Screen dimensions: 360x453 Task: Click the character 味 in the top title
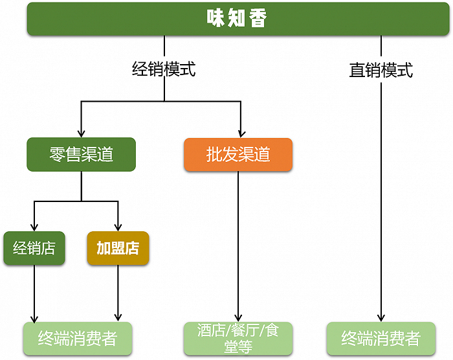pos(215,18)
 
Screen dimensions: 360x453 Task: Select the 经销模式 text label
pos(164,69)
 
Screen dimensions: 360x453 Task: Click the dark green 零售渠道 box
pos(81,154)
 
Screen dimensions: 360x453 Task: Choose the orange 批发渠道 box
pos(238,154)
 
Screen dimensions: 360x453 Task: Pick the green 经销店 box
pos(34,248)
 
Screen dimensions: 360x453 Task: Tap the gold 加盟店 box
pos(118,248)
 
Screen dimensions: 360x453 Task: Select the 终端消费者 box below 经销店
pos(77,338)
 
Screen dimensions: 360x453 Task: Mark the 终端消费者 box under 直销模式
pos(381,338)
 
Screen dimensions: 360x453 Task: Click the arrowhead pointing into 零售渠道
pos(81,131)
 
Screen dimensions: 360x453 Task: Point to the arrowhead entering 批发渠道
pos(240,131)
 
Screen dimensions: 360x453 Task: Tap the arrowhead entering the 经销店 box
pos(34,226)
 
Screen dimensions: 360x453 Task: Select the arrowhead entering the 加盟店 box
pos(118,226)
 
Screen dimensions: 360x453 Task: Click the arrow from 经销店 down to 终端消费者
pos(34,291)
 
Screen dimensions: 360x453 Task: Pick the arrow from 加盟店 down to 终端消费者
pos(118,291)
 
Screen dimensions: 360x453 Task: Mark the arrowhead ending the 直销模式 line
pos(381,316)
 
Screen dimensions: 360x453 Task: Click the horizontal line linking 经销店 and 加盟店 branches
pos(76,202)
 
